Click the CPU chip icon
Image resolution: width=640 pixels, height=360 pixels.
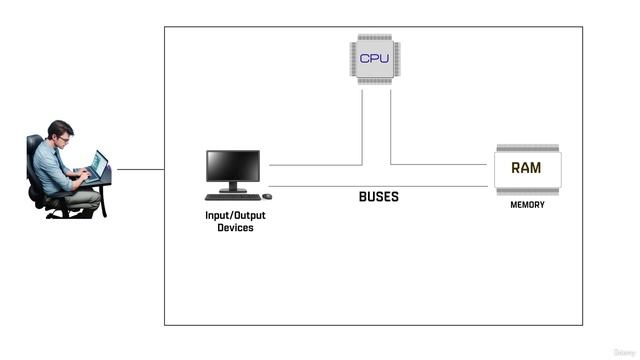coord(374,58)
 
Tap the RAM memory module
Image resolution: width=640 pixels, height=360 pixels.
coord(527,169)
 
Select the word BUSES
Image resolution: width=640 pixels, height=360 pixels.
coord(379,197)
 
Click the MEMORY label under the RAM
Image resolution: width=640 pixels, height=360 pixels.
coord(527,205)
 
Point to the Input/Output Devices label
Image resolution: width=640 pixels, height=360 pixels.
coord(236,221)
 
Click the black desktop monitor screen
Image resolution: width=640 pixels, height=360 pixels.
coord(233,165)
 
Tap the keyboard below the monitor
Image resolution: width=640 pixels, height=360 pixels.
coord(232,197)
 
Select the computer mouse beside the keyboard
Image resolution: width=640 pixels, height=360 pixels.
coord(267,196)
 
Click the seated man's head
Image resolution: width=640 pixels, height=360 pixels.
coord(59,133)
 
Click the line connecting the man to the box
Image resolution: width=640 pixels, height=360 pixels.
coord(140,169)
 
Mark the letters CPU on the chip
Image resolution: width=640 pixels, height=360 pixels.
coord(374,58)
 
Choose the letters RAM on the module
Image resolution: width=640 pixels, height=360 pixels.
coord(526,168)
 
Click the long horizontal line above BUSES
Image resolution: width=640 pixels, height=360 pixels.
coord(380,186)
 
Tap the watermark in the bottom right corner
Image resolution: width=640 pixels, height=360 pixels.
coord(624,352)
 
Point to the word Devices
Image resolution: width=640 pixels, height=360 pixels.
coord(236,228)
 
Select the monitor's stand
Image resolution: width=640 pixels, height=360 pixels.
coord(233,187)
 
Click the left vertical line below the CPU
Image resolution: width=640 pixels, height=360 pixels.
coord(362,125)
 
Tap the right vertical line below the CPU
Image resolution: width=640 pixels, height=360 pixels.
coord(390,125)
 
